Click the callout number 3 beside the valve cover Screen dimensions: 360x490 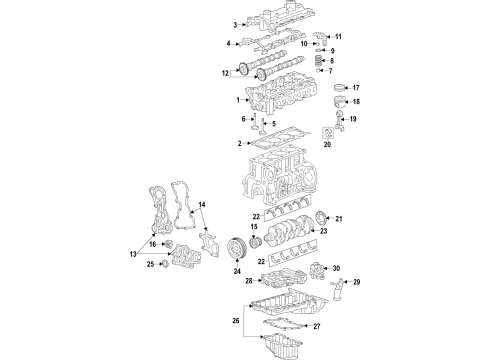[x=235, y=25]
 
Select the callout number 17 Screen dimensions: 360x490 [x=355, y=88]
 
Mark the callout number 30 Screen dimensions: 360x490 [x=336, y=268]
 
